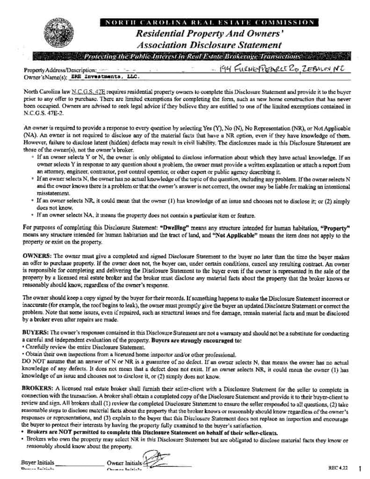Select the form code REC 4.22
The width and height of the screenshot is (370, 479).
pyautogui.click(x=338, y=467)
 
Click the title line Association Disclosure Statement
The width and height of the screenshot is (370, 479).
pyautogui.click(x=209, y=45)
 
